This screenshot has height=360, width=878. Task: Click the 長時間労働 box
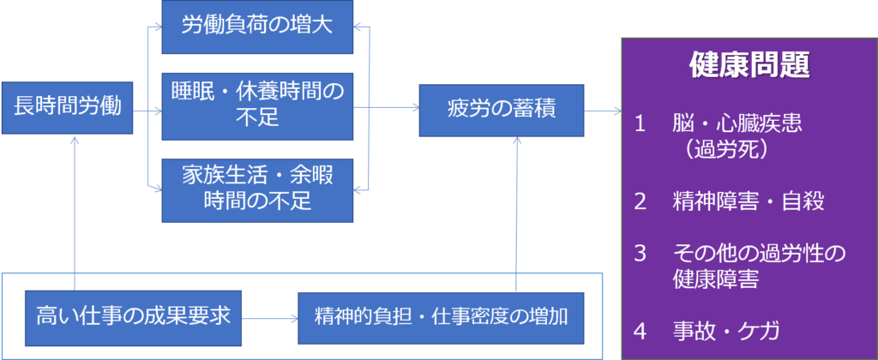click(x=68, y=108)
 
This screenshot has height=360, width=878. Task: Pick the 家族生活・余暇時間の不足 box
click(x=256, y=189)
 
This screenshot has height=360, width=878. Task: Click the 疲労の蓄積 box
click(x=502, y=110)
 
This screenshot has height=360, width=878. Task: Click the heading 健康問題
click(x=749, y=66)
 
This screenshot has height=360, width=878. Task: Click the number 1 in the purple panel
click(x=639, y=123)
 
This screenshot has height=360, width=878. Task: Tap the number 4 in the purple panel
click(x=639, y=330)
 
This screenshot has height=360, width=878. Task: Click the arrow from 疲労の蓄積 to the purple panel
click(x=603, y=111)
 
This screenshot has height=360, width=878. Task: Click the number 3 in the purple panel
click(x=639, y=254)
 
